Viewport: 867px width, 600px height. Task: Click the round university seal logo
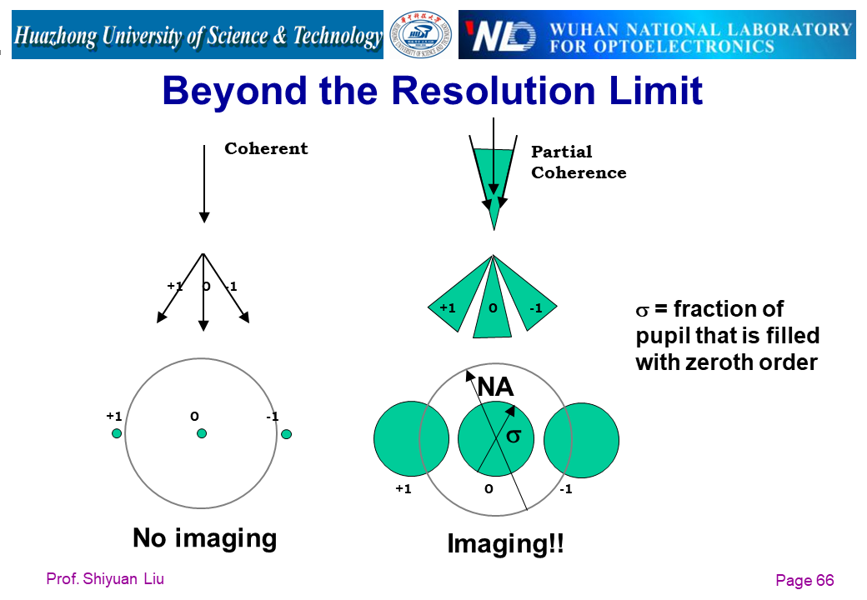(420, 35)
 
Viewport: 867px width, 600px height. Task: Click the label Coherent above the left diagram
(266, 148)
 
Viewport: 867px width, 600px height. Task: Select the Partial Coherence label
(579, 162)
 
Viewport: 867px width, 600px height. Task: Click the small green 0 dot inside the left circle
(202, 433)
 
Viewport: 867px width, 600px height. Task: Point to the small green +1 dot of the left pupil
(117, 433)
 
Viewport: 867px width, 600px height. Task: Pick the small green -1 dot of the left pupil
(286, 434)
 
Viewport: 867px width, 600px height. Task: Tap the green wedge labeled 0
(493, 304)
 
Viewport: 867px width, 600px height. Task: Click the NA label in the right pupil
(495, 386)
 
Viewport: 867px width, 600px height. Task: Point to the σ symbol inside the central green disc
(514, 437)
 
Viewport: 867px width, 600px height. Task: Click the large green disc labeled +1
(411, 438)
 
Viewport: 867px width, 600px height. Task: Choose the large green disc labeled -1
(581, 440)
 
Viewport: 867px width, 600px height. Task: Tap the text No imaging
(204, 537)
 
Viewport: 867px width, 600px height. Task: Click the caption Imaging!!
(505, 543)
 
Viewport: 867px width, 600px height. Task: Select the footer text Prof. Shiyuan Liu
(105, 579)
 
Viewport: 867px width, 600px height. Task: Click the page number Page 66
(804, 580)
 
